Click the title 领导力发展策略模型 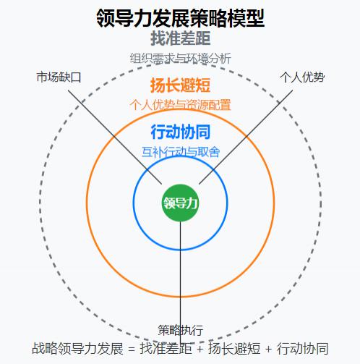[180, 18]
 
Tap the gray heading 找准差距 [180, 38]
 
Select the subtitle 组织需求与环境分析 [180, 59]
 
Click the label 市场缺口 [59, 77]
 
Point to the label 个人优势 [302, 77]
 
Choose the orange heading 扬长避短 [180, 85]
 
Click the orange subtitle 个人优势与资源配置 [180, 105]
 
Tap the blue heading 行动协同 [180, 132]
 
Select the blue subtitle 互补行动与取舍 [181, 152]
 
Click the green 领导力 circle [180, 203]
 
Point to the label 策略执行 [180, 330]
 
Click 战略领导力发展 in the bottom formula [77, 348]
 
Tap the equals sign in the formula [132, 349]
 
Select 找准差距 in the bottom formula [166, 348]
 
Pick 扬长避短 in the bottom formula [234, 348]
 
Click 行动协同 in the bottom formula [302, 348]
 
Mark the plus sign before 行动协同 [268, 349]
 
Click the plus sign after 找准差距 [200, 349]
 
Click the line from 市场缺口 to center [115, 137]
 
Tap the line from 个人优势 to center [246, 137]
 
